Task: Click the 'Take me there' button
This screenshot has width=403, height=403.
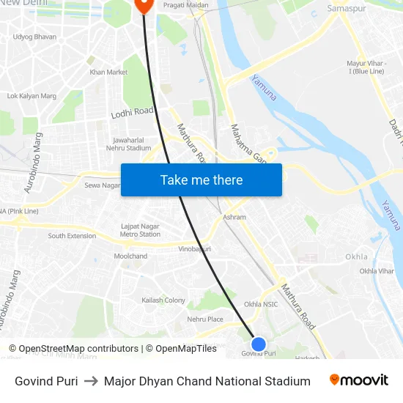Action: pyautogui.click(x=202, y=180)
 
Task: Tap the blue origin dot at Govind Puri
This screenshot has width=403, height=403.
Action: pyautogui.click(x=259, y=344)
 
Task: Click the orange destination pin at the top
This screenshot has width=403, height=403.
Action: pyautogui.click(x=143, y=4)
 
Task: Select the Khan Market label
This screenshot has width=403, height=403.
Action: pyautogui.click(x=108, y=72)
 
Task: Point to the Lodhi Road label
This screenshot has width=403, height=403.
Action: pyautogui.click(x=132, y=112)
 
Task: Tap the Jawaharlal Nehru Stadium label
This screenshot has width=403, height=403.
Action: pyautogui.click(x=133, y=144)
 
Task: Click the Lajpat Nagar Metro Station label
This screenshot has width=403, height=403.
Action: pyautogui.click(x=140, y=230)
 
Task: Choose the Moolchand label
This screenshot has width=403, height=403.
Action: pyautogui.click(x=130, y=256)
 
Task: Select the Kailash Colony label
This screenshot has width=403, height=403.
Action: pyautogui.click(x=163, y=300)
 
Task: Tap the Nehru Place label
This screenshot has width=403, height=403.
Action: pyautogui.click(x=205, y=319)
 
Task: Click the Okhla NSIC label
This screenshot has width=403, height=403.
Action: pyautogui.click(x=261, y=304)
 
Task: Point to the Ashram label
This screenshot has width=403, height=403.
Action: pyautogui.click(x=234, y=218)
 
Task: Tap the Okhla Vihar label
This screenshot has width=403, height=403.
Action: pyautogui.click(x=377, y=271)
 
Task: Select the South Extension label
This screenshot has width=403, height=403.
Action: pyautogui.click(x=72, y=236)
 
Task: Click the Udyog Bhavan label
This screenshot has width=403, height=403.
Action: pyautogui.click(x=34, y=37)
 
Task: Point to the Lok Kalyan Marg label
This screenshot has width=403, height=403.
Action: pyautogui.click(x=32, y=96)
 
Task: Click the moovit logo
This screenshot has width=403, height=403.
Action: pyautogui.click(x=359, y=380)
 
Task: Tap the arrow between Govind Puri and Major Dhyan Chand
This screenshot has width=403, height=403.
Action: pyautogui.click(x=91, y=381)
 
